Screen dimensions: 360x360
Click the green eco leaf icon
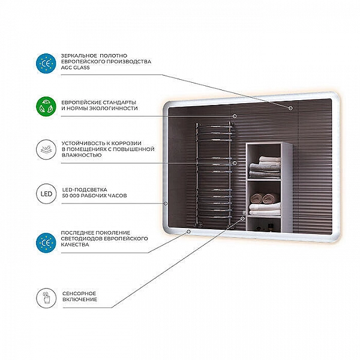46,107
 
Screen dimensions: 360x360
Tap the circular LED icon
46,194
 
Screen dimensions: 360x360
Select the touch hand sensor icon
46,298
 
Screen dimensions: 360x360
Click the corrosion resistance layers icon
46,149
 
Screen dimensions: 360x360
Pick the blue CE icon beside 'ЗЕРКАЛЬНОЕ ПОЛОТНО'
46,64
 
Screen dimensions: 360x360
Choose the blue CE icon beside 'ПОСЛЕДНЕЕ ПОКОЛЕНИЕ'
46,242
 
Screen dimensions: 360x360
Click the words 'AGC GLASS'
76,68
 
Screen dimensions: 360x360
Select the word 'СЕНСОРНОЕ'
79,293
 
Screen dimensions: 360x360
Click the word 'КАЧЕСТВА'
75,245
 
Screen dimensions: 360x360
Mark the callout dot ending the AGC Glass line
290,107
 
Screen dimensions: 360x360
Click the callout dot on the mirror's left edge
166,203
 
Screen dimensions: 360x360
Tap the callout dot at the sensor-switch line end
242,218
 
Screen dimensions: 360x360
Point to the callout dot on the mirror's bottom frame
188,232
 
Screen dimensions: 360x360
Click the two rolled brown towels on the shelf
265,199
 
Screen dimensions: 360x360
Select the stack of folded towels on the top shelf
265,167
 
